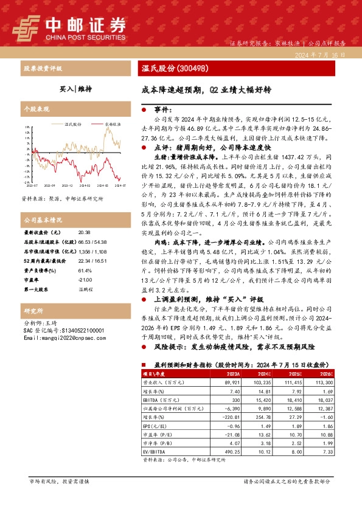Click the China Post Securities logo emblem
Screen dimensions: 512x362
pos(25,26)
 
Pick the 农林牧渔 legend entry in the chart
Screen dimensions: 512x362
pos(112,124)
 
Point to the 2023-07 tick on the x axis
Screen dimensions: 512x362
pos(30,185)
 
